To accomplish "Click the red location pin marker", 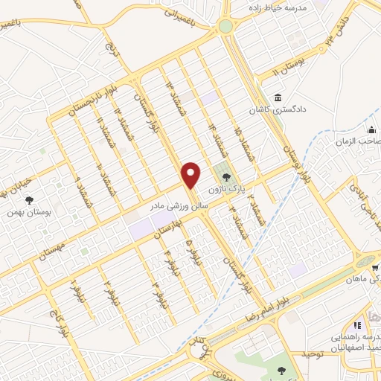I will (x=192, y=174).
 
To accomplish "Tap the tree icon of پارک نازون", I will (x=226, y=176).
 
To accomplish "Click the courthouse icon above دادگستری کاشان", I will (x=278, y=97).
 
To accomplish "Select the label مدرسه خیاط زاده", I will (x=277, y=5).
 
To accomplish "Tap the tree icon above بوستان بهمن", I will (x=30, y=199).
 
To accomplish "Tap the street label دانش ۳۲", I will (x=331, y=41).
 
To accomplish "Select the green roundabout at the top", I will (x=225, y=27).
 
